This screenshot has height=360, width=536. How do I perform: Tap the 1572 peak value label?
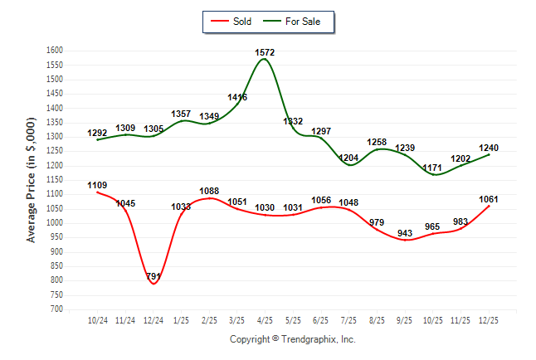pos(266,52)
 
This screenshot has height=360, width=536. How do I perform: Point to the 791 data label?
pos(153,276)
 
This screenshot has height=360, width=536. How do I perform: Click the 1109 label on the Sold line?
pos(97,185)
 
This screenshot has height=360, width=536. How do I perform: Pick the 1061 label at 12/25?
pos(490,198)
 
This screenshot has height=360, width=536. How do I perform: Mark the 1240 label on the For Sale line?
pos(490,148)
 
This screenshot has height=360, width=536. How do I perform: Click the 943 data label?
pos(405,233)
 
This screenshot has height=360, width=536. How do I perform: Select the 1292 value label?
pos(97,133)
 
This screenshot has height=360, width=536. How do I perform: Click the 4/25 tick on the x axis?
pos(266,320)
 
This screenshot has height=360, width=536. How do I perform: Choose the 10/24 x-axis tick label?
pos(97,320)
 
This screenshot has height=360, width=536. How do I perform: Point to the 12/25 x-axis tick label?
pos(490,320)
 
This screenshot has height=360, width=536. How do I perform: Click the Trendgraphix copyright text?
pos(292,339)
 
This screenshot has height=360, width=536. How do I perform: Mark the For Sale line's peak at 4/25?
pos(266,59)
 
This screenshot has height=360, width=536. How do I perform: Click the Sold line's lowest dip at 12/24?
pos(153,284)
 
